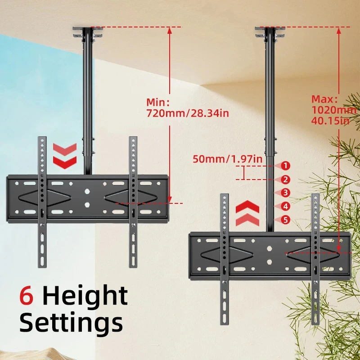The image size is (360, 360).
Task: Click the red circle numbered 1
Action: [x=285, y=166]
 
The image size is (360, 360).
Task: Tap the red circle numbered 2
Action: [x=285, y=180]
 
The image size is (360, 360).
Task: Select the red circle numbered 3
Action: [x=285, y=193]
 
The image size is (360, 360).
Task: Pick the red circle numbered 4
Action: [x=285, y=207]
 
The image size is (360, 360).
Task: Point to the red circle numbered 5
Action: [x=285, y=220]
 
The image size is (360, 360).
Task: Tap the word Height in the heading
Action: [x=85, y=297]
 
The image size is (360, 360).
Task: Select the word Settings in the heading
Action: [x=71, y=323]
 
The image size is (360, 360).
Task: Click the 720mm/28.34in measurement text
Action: [x=188, y=113]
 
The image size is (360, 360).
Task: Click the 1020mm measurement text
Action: [x=334, y=110]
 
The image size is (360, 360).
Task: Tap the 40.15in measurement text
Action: [x=330, y=120]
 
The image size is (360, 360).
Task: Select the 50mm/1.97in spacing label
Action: [x=228, y=159]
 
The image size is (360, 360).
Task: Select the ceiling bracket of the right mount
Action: [x=270, y=32]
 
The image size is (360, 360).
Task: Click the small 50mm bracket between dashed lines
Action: [x=244, y=173]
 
